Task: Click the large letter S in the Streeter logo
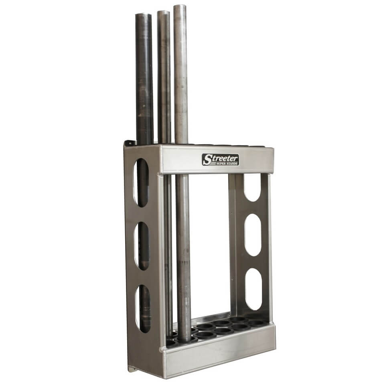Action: [207, 160]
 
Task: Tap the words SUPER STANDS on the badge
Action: [226, 163]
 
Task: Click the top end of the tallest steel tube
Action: [180, 7]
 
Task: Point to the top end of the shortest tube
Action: [143, 15]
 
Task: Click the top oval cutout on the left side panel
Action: [141, 182]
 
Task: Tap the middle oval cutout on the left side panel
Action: [141, 245]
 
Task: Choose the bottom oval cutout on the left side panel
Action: [142, 308]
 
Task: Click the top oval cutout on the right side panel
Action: [252, 187]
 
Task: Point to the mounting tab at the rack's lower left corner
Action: [131, 368]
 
